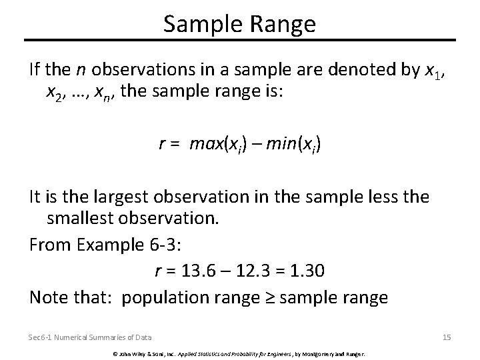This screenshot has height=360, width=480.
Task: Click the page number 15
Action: [x=446, y=337]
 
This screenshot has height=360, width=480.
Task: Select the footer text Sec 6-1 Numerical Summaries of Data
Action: [x=90, y=337]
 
